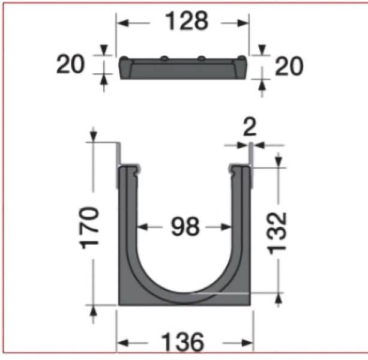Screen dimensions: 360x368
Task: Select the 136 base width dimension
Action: pyautogui.click(x=183, y=343)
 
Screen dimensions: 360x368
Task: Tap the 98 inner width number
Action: pyautogui.click(x=185, y=227)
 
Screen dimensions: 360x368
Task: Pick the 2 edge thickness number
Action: pyautogui.click(x=249, y=128)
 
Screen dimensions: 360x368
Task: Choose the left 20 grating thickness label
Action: pyautogui.click(x=70, y=64)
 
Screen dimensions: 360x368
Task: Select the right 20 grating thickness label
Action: pyautogui.click(x=289, y=66)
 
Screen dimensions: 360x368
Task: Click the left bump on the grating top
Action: pyautogui.click(x=163, y=59)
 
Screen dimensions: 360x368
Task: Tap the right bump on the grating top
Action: pyautogui.click(x=202, y=59)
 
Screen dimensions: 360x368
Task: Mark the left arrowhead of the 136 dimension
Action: pyautogui.click(x=121, y=343)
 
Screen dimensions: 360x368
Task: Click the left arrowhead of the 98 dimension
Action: pyautogui.click(x=142, y=227)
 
